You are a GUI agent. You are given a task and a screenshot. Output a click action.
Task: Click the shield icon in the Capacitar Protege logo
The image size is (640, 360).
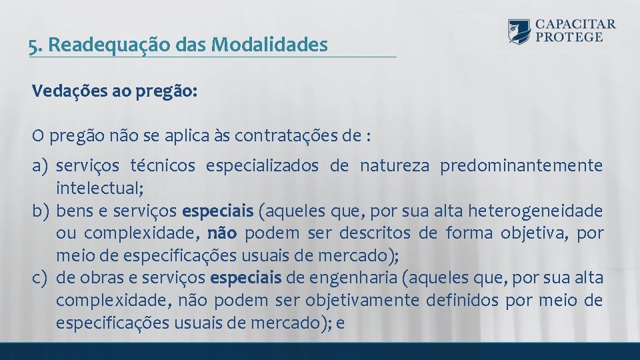[x=519, y=31]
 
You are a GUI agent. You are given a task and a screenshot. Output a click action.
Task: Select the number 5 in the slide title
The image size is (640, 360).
[x=33, y=45]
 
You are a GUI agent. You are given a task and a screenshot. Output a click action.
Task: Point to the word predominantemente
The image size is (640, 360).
[x=521, y=165]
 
